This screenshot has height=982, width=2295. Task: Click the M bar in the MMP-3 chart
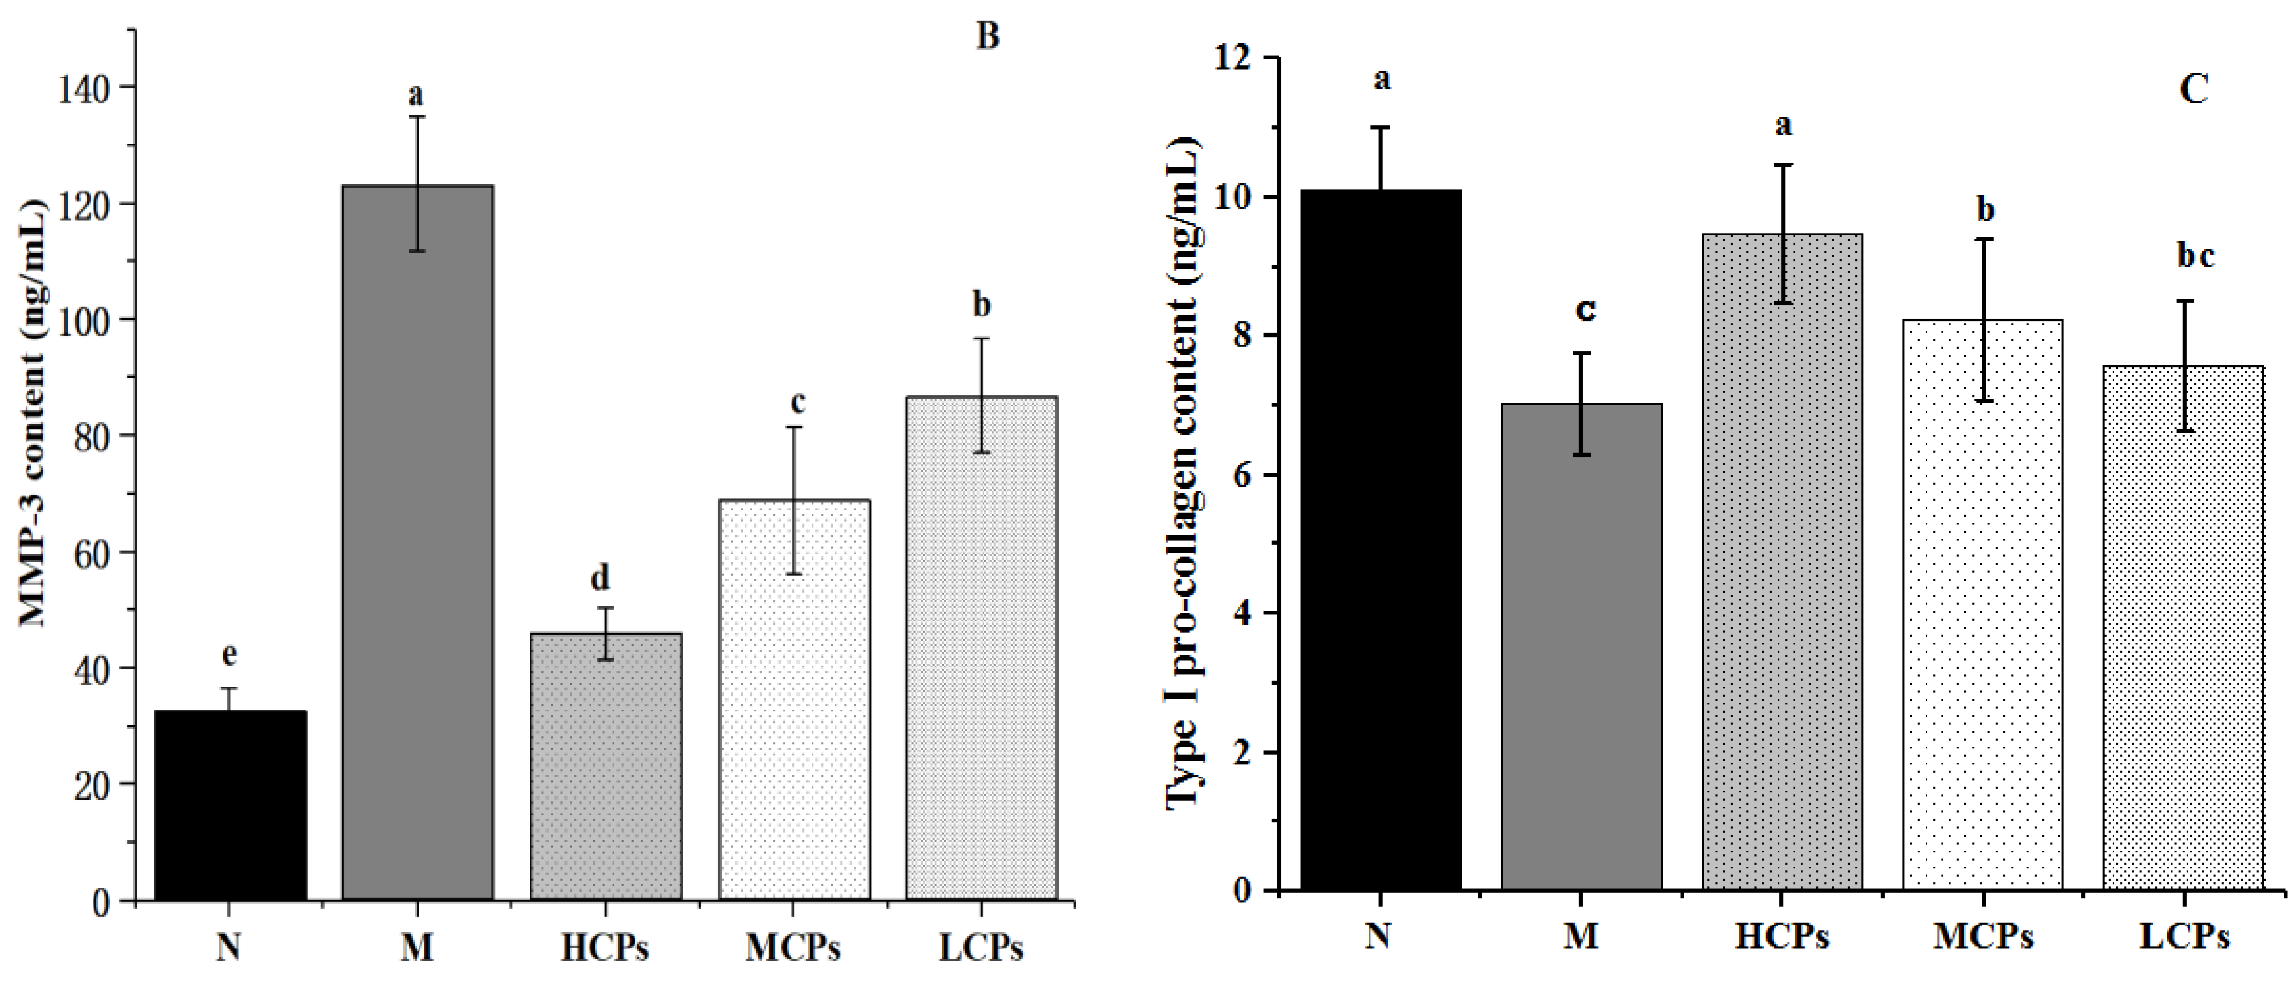pos(417,544)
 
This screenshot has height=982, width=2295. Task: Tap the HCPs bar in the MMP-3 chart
pos(606,766)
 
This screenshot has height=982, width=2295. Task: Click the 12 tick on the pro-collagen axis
pos(1242,58)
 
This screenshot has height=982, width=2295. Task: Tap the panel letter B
pos(987,36)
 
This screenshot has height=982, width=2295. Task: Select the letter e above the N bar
pos(229,655)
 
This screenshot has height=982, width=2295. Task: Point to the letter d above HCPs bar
pos(600,578)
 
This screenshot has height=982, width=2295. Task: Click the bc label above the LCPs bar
pos(2195,256)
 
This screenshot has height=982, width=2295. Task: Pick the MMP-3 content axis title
pos(32,414)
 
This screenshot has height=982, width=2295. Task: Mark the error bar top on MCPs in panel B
pos(793,428)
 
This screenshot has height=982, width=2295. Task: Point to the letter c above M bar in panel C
pos(1585,309)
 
